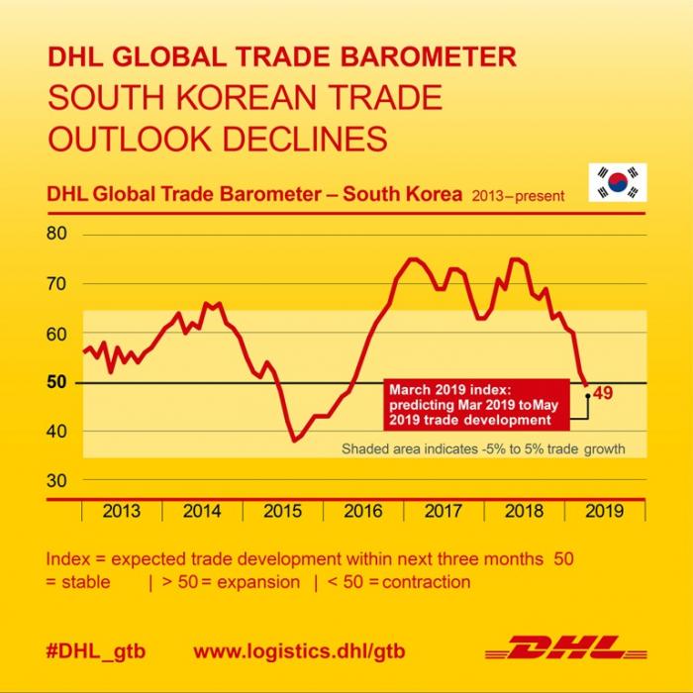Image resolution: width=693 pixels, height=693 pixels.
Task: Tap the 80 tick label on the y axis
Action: pyautogui.click(x=56, y=235)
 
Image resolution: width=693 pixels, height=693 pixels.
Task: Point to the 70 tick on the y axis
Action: pyautogui.click(x=56, y=284)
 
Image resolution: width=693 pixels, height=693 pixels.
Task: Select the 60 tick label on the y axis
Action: pyautogui.click(x=56, y=334)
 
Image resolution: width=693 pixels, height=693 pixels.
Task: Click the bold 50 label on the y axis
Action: pyautogui.click(x=56, y=382)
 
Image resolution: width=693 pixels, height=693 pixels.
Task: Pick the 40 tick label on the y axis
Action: pyautogui.click(x=56, y=432)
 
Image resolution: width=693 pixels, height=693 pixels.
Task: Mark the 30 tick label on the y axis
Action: pyautogui.click(x=56, y=481)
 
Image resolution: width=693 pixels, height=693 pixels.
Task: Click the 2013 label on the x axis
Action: pyautogui.click(x=121, y=512)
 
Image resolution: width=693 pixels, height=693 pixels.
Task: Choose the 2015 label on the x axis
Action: pyautogui.click(x=282, y=512)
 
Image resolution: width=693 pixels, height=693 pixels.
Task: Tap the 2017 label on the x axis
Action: pyautogui.click(x=443, y=512)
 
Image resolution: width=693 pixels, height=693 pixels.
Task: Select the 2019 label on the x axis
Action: pyautogui.click(x=604, y=512)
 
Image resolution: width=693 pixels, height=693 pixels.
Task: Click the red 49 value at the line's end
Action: pyautogui.click(x=602, y=393)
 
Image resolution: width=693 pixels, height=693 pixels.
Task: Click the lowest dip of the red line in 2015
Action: pyautogui.click(x=294, y=440)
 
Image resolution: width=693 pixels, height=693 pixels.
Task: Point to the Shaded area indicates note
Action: pyautogui.click(x=483, y=449)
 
